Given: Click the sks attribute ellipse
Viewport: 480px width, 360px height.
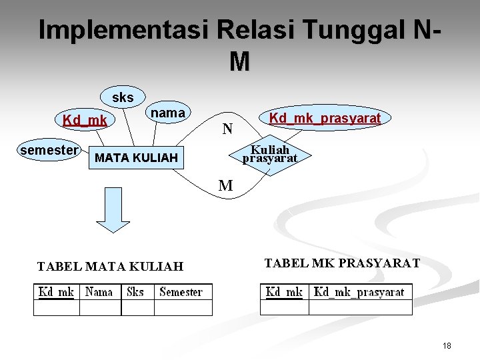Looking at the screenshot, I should click(x=123, y=97).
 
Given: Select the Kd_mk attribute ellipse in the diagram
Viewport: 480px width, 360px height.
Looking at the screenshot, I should click(x=85, y=121).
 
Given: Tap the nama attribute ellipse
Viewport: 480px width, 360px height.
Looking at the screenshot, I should click(x=167, y=113).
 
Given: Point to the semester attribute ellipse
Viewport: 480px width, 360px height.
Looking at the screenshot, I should click(x=49, y=151).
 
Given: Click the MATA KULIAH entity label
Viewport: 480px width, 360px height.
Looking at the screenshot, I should click(x=137, y=158).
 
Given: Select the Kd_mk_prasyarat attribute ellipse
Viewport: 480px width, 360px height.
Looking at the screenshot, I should click(x=325, y=119).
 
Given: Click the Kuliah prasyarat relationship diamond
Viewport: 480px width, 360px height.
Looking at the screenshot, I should click(x=269, y=155).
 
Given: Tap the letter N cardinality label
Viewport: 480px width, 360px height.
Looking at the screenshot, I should click(x=227, y=128).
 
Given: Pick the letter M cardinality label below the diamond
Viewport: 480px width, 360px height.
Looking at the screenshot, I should click(x=226, y=186).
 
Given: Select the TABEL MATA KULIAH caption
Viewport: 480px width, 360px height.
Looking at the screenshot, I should click(x=110, y=267).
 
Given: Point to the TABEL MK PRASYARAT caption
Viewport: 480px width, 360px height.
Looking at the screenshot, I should click(x=342, y=263).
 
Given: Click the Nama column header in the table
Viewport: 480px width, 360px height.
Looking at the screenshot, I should click(x=99, y=292).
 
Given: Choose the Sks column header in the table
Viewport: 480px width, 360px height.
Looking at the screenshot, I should click(x=135, y=292).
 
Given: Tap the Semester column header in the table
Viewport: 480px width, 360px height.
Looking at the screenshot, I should click(x=181, y=292).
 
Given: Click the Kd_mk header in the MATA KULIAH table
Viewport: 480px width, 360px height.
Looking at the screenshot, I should click(x=57, y=292).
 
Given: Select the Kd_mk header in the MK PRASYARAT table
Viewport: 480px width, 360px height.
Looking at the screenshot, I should click(x=284, y=292).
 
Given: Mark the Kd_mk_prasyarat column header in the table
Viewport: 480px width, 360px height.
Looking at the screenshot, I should click(x=359, y=292).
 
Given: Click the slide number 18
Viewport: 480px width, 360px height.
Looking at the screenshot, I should click(x=446, y=346).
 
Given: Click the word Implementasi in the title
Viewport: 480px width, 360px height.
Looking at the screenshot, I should click(x=124, y=30).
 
